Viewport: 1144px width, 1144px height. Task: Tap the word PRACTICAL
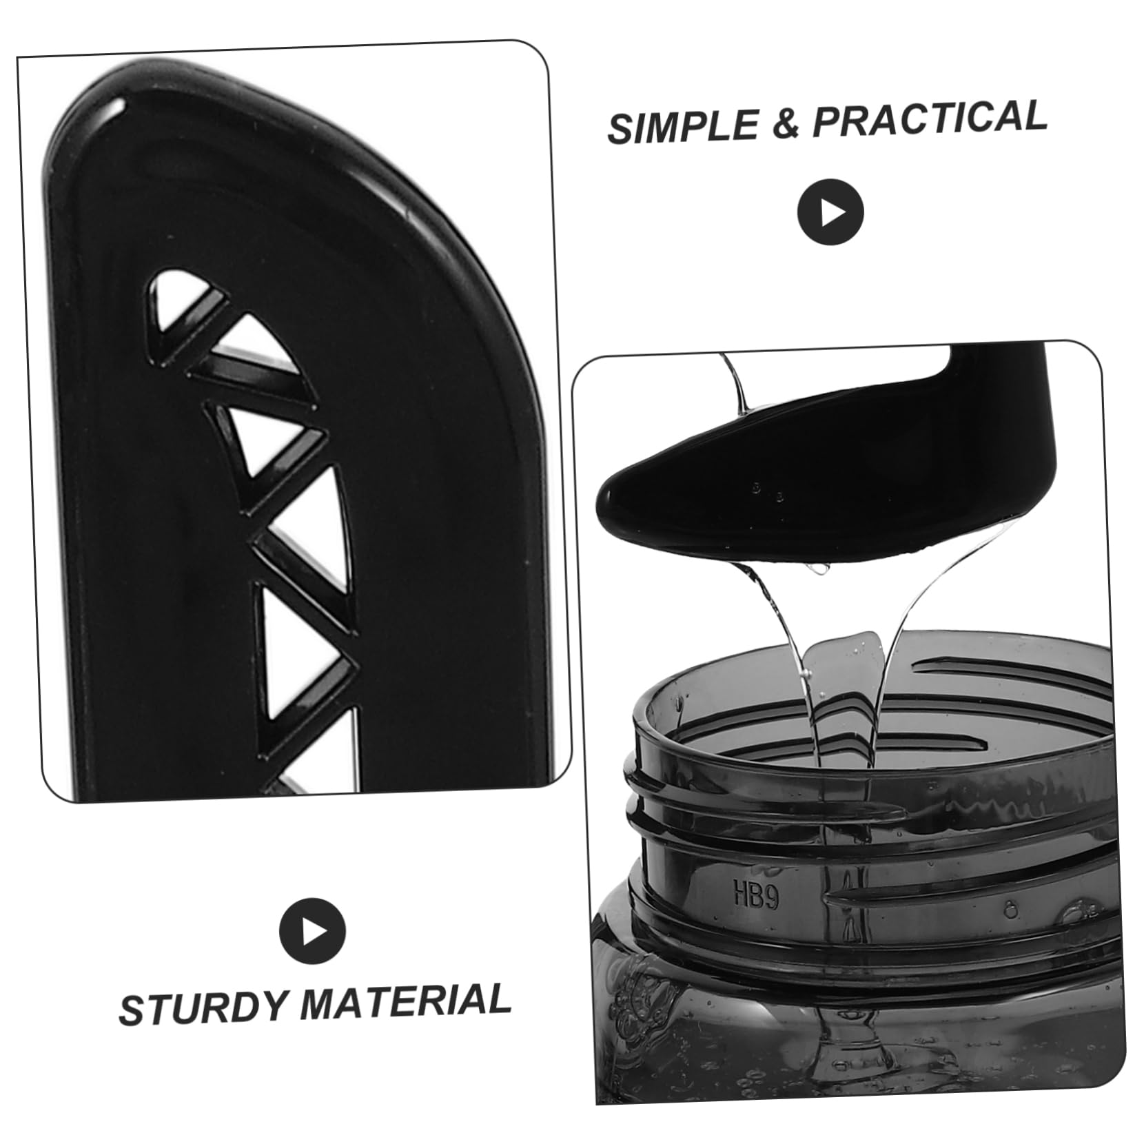930,118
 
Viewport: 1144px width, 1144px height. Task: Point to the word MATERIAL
405,1000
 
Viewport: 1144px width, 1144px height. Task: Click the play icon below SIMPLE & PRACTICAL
830,212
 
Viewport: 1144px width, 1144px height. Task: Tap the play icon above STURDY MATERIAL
312,932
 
